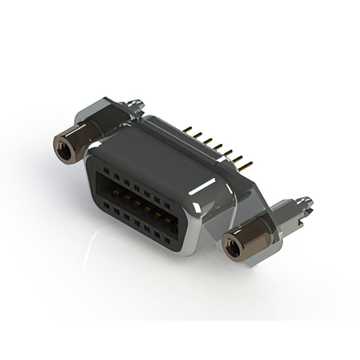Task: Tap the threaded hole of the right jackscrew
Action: point(231,245)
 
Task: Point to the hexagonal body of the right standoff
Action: point(247,239)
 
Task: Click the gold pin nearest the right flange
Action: point(246,166)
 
